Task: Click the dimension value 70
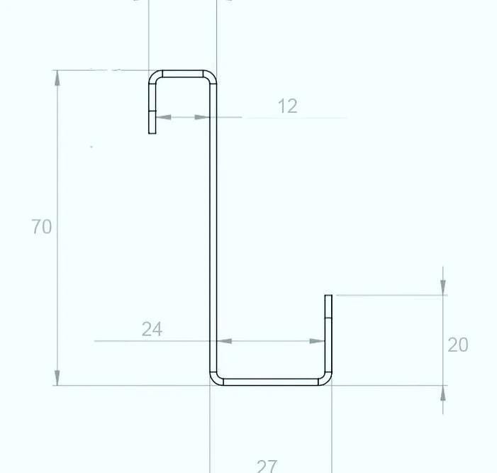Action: [42, 227]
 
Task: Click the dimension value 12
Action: [287, 106]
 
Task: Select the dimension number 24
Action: [152, 329]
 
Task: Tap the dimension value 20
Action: [458, 345]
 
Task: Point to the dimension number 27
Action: [267, 466]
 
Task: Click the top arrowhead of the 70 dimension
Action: [57, 77]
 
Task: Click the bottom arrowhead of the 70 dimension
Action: [57, 378]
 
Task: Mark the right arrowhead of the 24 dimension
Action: [319, 341]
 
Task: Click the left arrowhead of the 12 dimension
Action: [162, 117]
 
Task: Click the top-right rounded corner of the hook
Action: [210, 76]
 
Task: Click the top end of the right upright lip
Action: [328, 296]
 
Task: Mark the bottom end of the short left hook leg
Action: [152, 131]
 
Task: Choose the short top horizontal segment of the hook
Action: [182, 73]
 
